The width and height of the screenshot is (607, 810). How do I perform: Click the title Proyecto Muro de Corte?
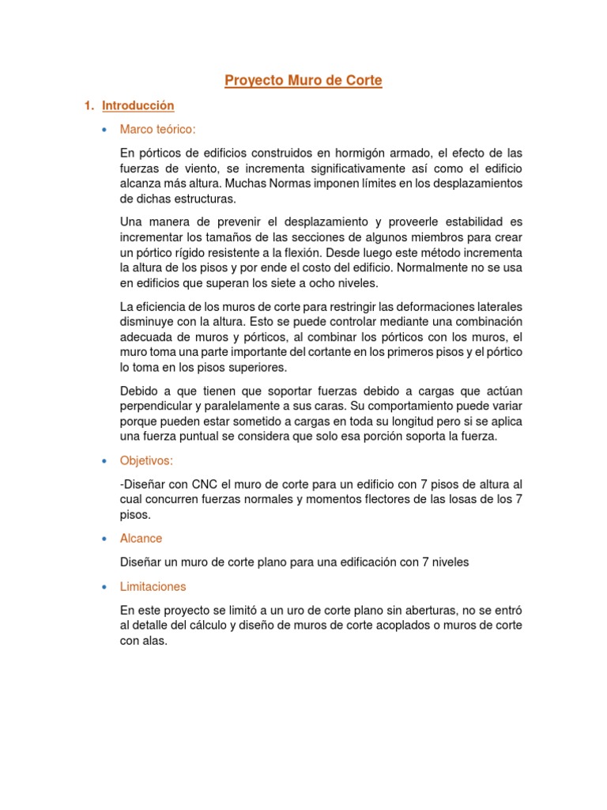(303, 81)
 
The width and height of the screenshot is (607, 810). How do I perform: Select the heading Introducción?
(138, 105)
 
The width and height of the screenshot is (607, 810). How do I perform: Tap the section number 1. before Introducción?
(89, 105)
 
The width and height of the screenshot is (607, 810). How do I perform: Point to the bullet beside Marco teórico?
(104, 130)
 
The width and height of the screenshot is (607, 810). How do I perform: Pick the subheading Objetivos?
(146, 460)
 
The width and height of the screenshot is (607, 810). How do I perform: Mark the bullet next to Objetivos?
(104, 461)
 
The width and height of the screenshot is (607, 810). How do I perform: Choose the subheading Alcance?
(141, 538)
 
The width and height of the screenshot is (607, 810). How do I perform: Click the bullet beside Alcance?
(104, 539)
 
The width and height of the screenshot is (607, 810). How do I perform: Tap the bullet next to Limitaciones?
(104, 587)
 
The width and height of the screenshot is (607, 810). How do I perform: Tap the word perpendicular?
(156, 407)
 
